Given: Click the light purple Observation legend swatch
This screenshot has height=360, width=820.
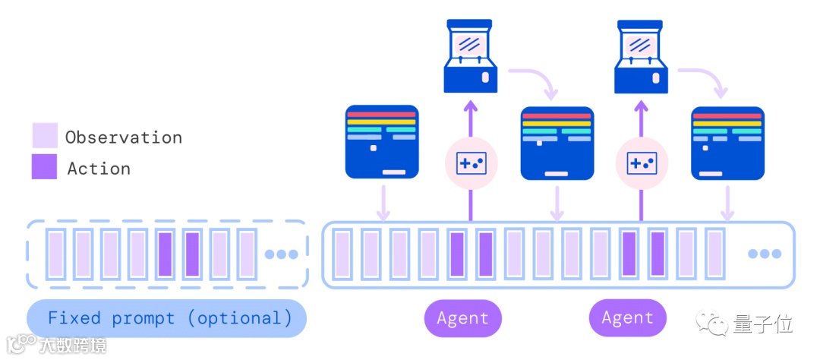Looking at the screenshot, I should (x=44, y=135).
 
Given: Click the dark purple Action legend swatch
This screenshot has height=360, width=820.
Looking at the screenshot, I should (x=44, y=167).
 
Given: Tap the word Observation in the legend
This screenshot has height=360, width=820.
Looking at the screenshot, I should (x=124, y=137).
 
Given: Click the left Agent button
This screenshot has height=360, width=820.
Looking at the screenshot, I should (x=463, y=318).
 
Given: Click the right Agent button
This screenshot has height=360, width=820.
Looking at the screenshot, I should (x=628, y=318).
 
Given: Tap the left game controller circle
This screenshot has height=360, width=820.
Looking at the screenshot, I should (x=471, y=162).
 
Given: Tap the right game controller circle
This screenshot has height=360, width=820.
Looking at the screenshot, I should (x=642, y=162).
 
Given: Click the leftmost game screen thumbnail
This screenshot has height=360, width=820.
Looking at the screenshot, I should (x=382, y=142).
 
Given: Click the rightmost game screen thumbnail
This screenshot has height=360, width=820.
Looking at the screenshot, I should (x=727, y=142).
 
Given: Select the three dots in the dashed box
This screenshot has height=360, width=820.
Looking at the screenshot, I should (x=280, y=254).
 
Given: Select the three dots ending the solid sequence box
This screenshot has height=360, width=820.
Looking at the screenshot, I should (x=763, y=254).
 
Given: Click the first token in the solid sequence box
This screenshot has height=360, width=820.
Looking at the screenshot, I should (x=342, y=254).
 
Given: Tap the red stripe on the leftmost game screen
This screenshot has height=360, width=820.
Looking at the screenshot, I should (x=382, y=115).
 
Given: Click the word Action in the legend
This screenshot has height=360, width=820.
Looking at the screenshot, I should (x=99, y=169).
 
